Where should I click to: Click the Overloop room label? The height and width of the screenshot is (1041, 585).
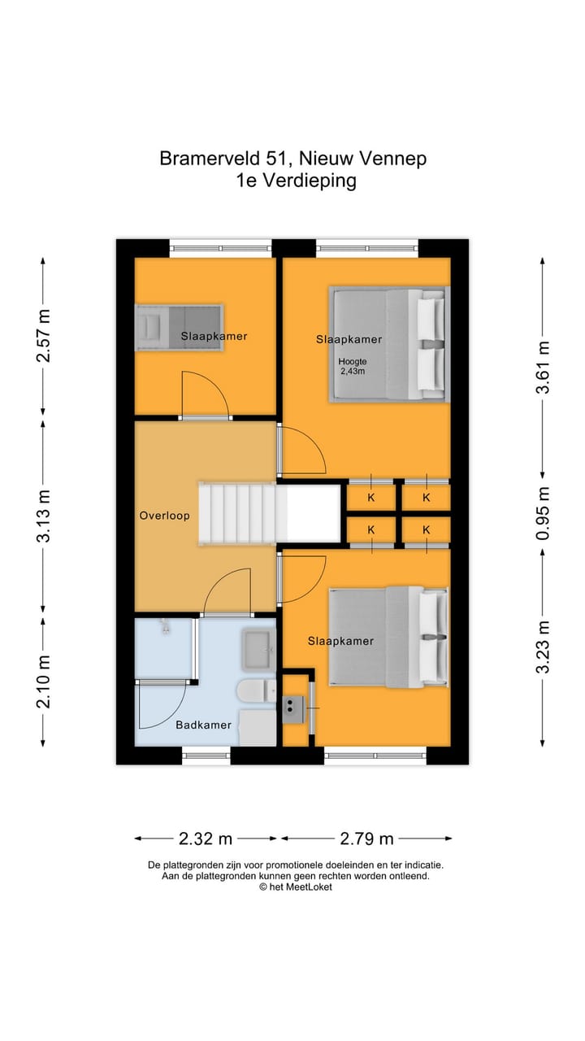(x=164, y=516)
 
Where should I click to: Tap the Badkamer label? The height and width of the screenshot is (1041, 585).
(x=203, y=725)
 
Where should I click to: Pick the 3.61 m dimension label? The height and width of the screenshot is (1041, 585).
(x=543, y=367)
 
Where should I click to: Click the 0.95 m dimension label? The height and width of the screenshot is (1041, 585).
(x=543, y=513)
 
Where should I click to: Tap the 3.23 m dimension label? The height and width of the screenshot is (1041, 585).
(x=543, y=647)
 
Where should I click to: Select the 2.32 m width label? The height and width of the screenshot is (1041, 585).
(x=206, y=838)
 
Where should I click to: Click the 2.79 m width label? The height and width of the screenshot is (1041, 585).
(x=366, y=838)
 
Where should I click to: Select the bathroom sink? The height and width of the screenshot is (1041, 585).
(x=259, y=649)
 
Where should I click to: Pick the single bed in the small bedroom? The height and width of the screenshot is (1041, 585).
(x=179, y=328)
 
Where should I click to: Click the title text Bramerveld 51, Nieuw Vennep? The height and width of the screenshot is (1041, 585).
(x=292, y=159)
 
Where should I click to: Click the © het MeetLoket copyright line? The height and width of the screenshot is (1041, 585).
(x=295, y=887)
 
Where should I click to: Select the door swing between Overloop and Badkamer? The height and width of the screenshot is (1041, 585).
(x=227, y=592)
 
